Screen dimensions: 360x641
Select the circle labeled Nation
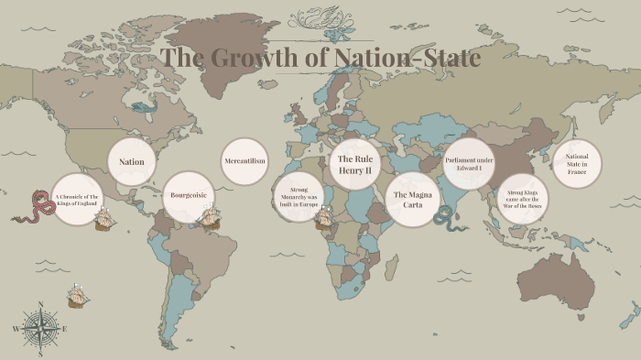132,162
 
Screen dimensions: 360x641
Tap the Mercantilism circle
244,162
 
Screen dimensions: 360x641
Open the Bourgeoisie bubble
188,195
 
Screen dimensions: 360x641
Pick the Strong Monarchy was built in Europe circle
299,196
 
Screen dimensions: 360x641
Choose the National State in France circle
577,165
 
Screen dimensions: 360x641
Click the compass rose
39,326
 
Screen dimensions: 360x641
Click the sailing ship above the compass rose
79,295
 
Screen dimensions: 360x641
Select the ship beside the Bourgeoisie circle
211,218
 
